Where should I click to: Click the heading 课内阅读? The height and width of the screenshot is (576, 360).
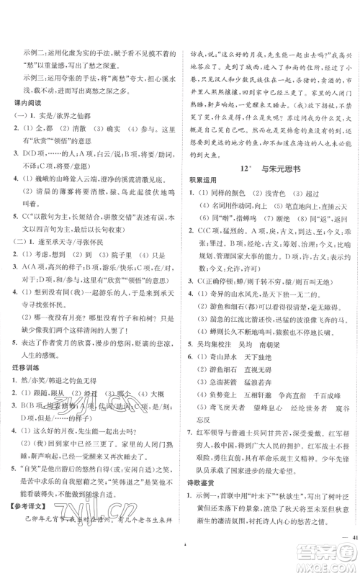[x=27, y=102]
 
